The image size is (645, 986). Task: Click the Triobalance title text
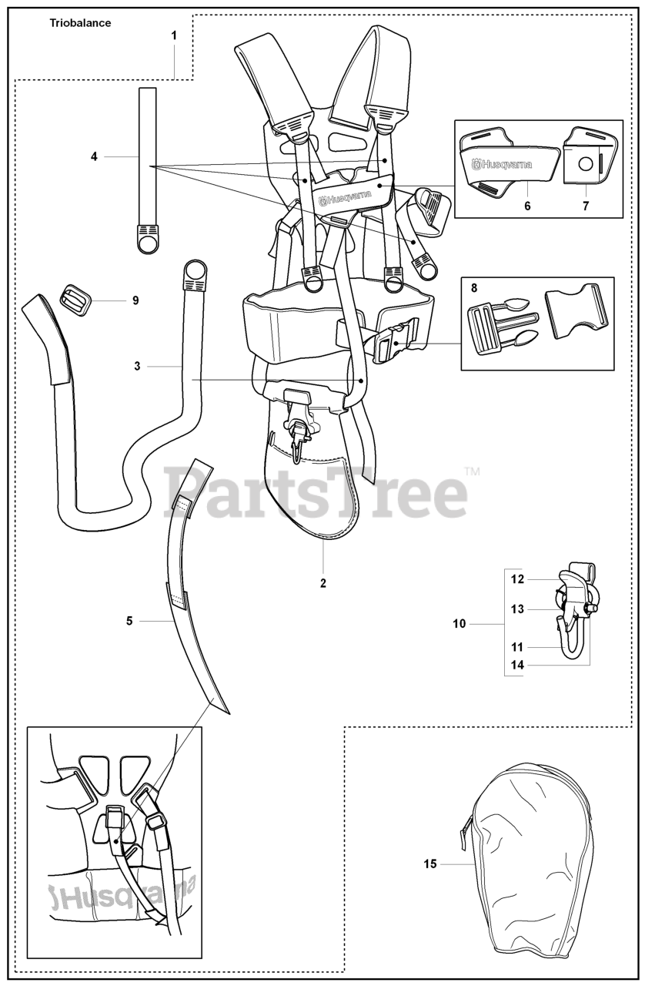pos(80,23)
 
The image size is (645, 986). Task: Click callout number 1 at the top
pos(174,35)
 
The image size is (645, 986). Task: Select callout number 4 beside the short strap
pos(94,156)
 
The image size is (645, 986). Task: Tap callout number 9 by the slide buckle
pos(135,300)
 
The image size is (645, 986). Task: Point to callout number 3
pos(137,367)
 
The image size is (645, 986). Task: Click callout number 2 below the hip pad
pos(323,583)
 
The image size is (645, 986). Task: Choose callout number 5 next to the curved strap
pos(129,619)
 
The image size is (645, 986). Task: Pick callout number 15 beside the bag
pos(430,864)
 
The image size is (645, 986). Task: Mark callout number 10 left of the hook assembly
pos(460,624)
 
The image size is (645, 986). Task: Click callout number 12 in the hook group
pos(517,579)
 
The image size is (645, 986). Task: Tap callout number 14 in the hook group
pos(517,665)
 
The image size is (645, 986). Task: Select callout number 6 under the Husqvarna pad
pos(528,207)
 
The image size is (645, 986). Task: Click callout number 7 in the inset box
pos(586,207)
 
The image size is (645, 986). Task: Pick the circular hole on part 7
pos(585,164)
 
